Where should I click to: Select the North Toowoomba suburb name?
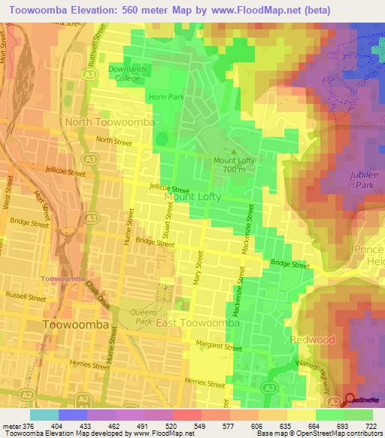point(110,122)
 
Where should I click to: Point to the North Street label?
point(114,141)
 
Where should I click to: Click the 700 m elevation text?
point(234,170)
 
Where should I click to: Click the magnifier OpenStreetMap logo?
point(348,401)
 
